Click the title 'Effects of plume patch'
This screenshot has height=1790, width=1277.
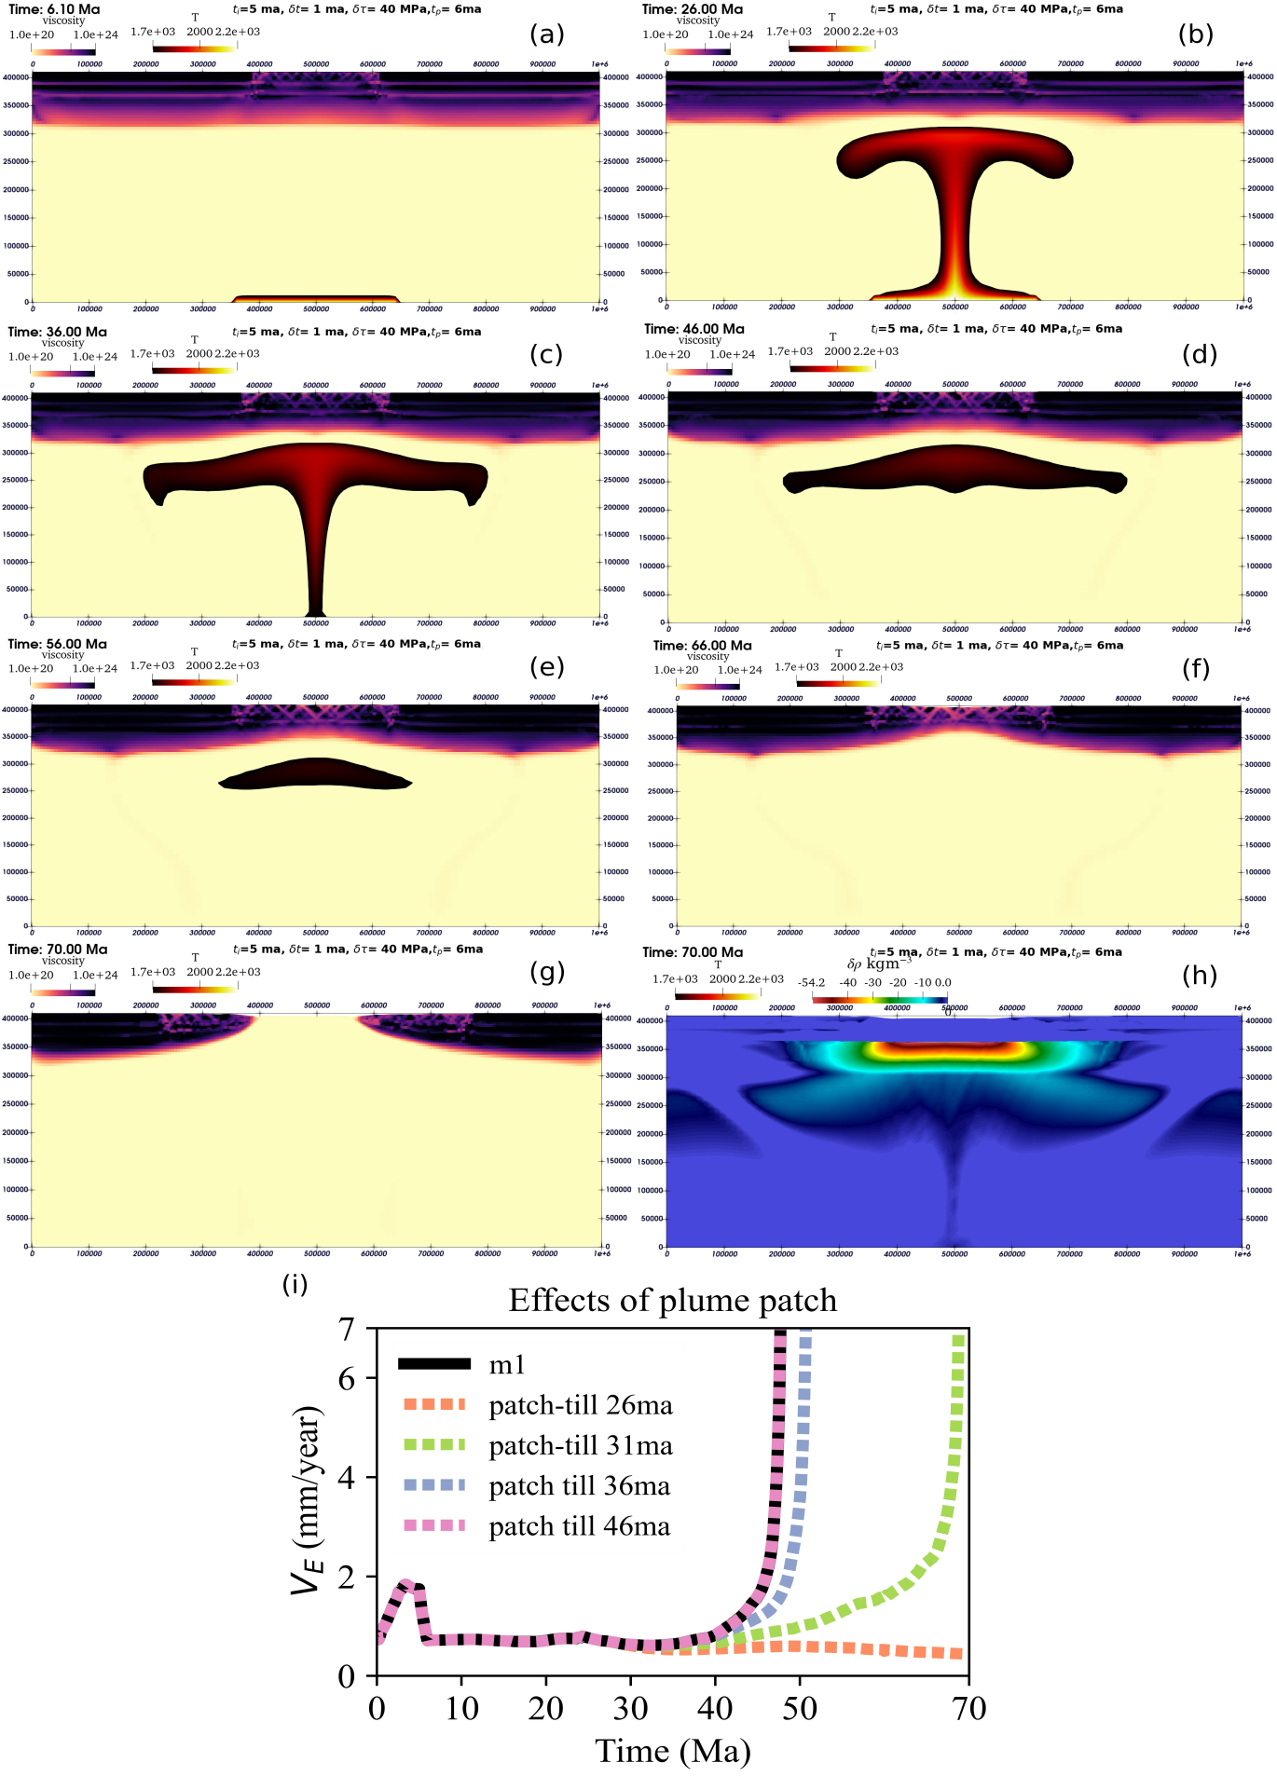672,1300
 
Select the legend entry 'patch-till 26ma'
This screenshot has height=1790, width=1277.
580,1405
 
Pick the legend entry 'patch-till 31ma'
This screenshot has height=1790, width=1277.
580,1445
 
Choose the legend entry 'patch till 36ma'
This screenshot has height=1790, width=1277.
579,1486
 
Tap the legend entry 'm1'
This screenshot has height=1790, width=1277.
507,1365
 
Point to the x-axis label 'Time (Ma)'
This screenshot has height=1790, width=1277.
673,1751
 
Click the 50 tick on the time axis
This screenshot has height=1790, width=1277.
800,1708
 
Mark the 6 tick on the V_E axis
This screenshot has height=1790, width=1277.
347,1378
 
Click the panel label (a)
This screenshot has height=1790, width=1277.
547,34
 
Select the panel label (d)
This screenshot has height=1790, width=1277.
1200,354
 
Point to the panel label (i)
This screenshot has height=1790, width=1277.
295,1284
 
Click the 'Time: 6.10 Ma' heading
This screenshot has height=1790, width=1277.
53,9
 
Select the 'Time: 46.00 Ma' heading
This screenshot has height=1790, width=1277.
693,329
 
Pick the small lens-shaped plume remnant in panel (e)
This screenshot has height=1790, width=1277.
315,774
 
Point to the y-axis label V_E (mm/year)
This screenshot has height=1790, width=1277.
308,1500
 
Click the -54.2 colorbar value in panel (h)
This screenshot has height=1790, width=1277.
811,982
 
